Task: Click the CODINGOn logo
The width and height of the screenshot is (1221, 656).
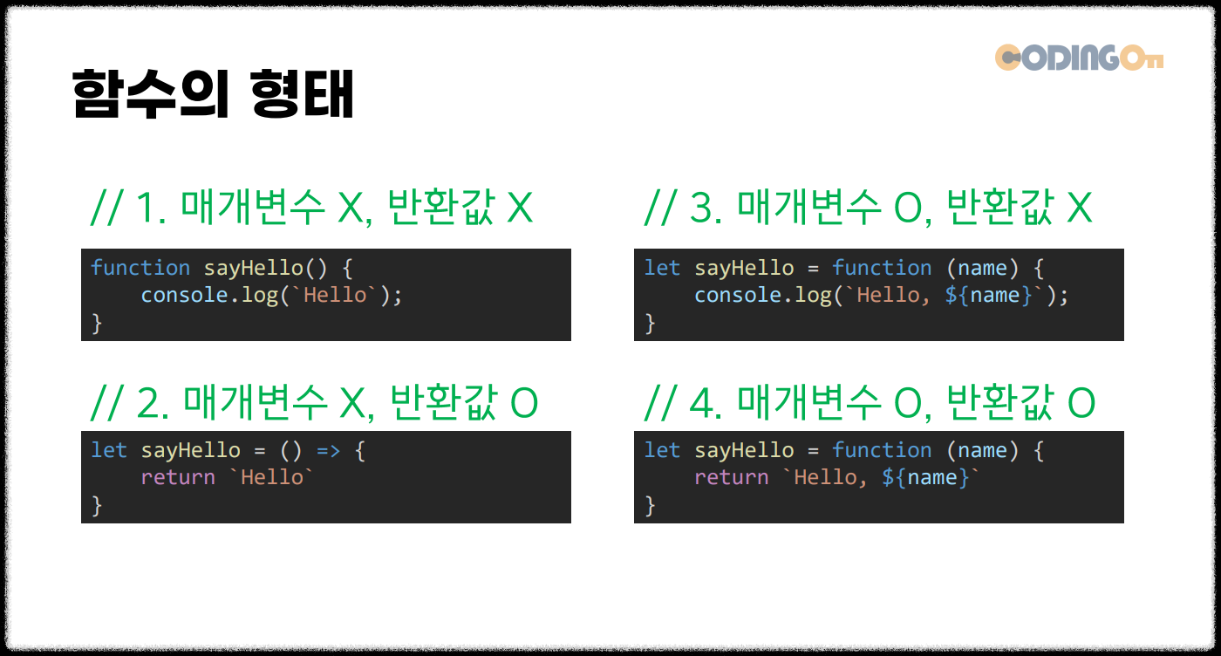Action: coord(1079,58)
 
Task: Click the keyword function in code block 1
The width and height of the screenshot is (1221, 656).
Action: coord(140,268)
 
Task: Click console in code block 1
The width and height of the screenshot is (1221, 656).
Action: coord(178,295)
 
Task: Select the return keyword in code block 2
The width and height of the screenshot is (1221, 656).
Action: coord(178,477)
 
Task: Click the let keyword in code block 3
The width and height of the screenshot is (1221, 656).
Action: coord(662,268)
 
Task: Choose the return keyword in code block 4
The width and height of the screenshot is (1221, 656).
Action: coord(731,477)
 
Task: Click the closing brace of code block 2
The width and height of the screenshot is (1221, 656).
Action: coord(97,505)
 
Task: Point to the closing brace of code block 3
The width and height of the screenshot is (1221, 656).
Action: coord(650,323)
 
